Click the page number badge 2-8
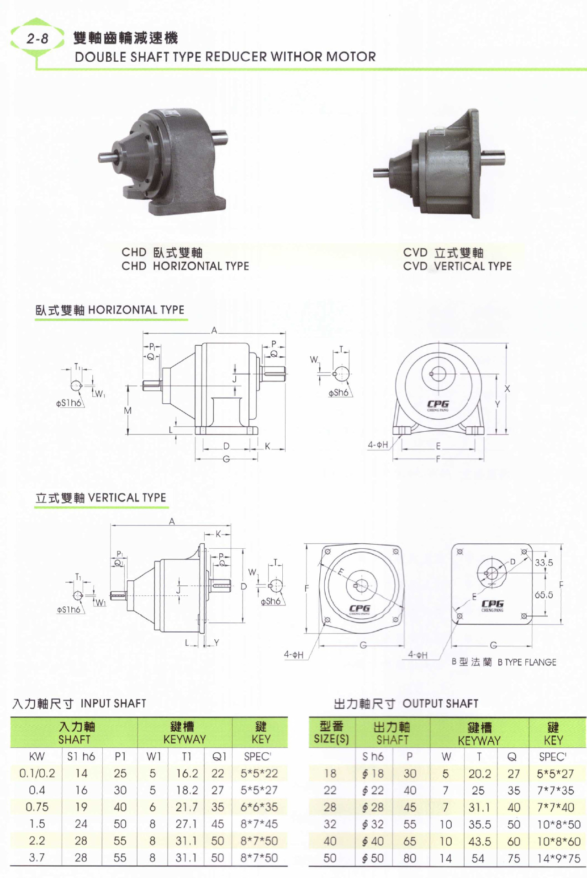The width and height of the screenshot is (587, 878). tap(37, 38)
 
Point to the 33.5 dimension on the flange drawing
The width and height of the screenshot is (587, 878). tap(544, 562)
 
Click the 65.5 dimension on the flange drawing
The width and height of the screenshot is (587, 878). tap(544, 595)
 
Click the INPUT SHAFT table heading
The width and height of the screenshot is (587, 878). tap(113, 703)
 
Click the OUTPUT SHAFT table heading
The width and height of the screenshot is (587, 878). tap(440, 703)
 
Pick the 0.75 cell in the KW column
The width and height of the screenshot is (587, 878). tap(37, 807)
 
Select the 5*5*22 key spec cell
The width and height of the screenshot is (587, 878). tap(259, 773)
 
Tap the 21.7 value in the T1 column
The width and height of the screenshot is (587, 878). tap(186, 807)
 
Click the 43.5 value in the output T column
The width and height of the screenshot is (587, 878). tap(480, 841)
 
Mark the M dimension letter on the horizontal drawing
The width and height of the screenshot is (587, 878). tap(128, 411)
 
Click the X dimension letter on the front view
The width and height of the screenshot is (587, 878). tap(507, 389)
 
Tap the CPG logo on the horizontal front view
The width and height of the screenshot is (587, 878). tap(438, 405)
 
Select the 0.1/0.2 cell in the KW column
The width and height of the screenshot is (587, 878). tap(37, 773)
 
